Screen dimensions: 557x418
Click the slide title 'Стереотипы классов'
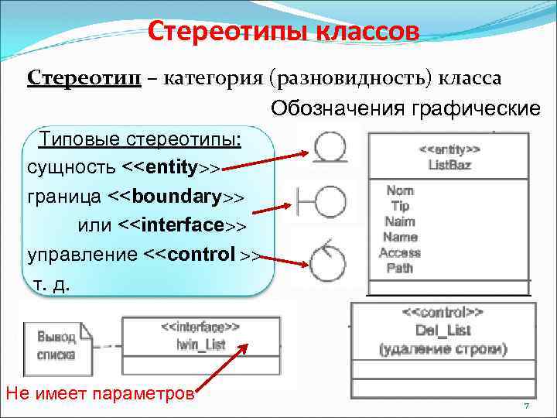click(283, 32)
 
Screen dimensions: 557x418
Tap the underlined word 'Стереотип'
click(84, 78)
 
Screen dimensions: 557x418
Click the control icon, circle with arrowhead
click(327, 262)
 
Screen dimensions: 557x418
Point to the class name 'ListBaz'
click(449, 165)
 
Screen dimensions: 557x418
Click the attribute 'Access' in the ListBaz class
click(400, 252)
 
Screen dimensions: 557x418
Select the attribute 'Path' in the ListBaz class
click(399, 268)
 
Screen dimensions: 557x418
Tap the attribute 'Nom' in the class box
click(399, 190)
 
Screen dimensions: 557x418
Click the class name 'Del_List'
click(443, 331)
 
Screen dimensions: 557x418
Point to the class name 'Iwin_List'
click(201, 344)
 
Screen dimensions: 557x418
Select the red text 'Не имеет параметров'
click(99, 393)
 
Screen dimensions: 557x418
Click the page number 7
click(525, 407)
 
